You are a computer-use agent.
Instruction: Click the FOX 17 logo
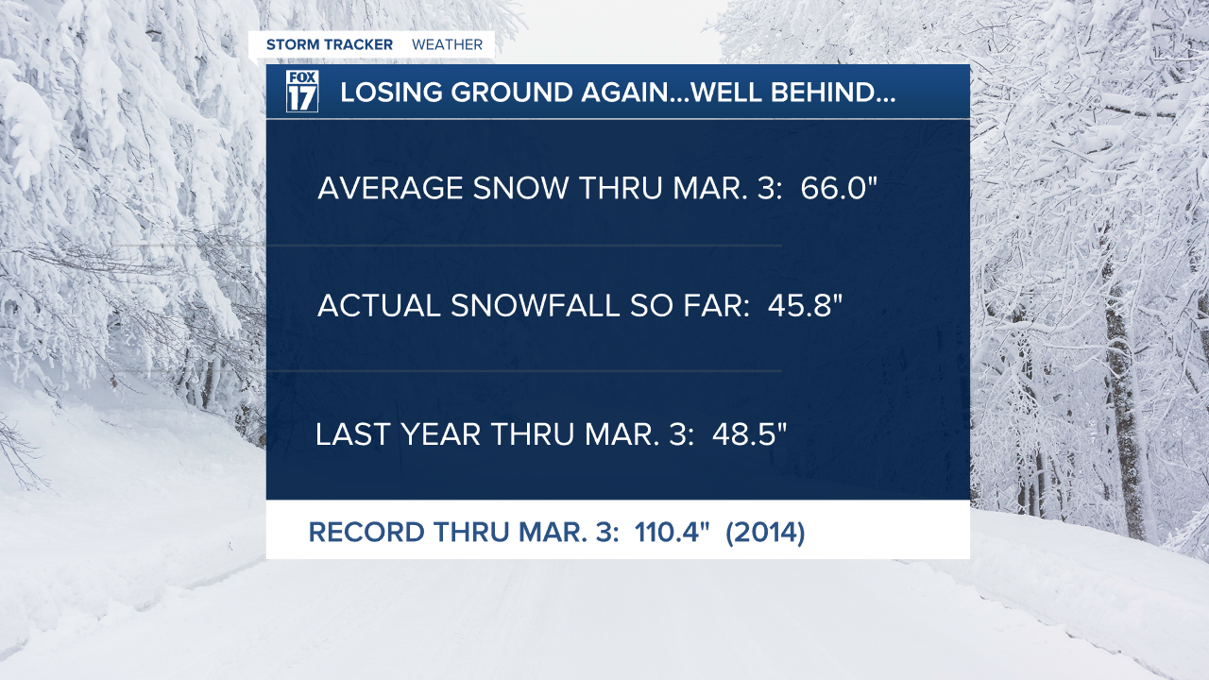[x=301, y=91]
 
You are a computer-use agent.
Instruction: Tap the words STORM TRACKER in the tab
[x=330, y=44]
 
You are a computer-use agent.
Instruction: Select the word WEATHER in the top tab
[x=447, y=44]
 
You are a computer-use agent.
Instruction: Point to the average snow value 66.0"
[x=839, y=188]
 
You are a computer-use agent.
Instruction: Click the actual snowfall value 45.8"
[x=805, y=305]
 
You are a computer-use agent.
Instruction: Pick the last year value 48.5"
[x=750, y=433]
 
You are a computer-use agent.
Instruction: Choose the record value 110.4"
[x=672, y=532]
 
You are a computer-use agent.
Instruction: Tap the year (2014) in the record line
[x=765, y=533]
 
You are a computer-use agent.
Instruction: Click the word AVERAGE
[x=390, y=188]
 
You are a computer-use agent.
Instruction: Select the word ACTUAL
[x=379, y=305]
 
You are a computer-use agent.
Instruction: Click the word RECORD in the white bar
[x=366, y=532]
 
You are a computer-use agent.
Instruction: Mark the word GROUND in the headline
[x=512, y=93]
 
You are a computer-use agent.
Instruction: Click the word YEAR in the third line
[x=441, y=433]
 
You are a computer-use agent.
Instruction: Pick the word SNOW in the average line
[x=520, y=188]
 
